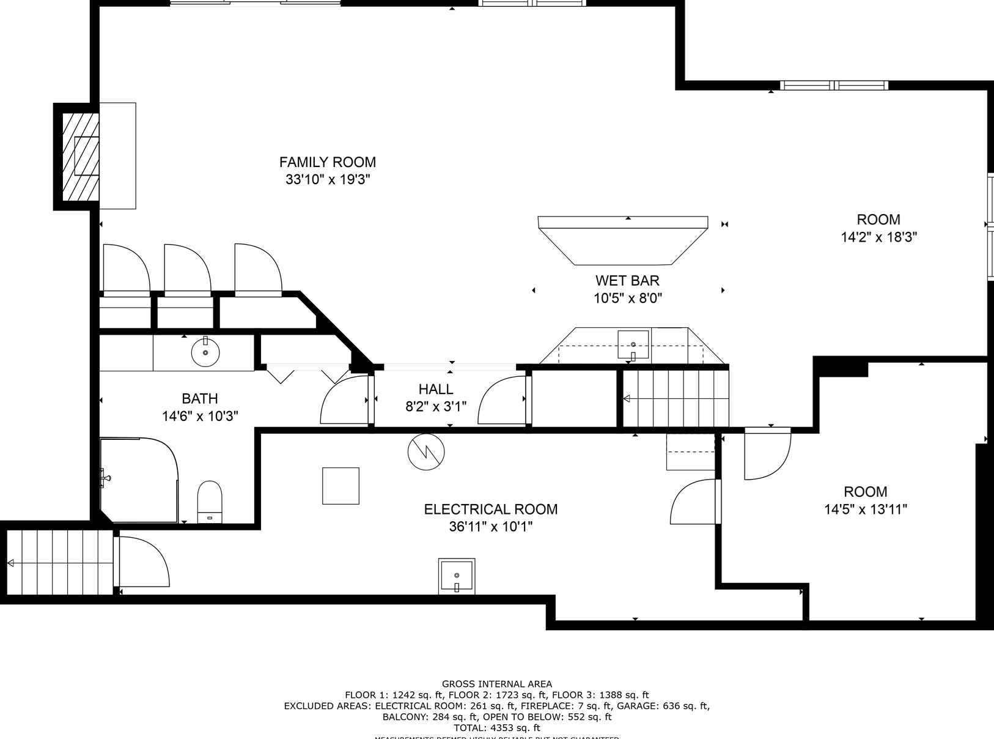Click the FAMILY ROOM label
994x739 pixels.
327,162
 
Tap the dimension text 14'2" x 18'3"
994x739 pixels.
878,237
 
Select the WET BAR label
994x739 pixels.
627,281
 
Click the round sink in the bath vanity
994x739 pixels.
205,352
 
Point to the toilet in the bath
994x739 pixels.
210,502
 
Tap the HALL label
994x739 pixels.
436,389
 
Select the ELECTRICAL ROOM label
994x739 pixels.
490,509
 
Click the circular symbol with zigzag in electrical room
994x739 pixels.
426,452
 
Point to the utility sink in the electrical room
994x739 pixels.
457,576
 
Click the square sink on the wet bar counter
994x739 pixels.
633,344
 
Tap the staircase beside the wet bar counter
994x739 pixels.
676,399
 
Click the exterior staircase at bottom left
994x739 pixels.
58,562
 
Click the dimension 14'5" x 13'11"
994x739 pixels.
865,510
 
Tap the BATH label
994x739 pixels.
200,399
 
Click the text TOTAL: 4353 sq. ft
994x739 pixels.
496,728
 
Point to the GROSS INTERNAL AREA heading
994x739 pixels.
496,684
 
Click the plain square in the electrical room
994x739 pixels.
341,486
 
